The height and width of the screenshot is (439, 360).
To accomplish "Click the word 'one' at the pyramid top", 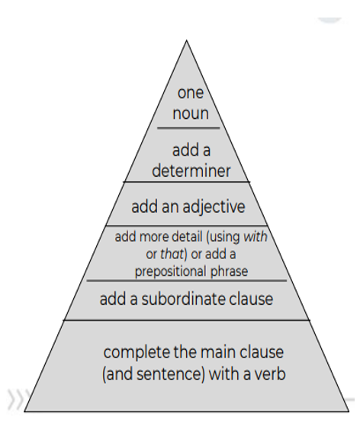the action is (x=191, y=93).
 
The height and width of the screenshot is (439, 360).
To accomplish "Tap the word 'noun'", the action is (x=191, y=114).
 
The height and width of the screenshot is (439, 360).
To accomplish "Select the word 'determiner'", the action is (x=191, y=171).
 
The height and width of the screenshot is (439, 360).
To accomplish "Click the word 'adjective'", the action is (x=214, y=207).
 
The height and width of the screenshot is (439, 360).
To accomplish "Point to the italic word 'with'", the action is (x=256, y=236).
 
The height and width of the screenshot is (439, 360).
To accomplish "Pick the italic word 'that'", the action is (x=172, y=254).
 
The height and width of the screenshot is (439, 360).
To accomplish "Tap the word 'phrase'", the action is (x=229, y=271).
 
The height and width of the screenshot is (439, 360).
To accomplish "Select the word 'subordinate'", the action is (x=183, y=299).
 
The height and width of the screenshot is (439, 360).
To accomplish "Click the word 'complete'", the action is (x=137, y=352).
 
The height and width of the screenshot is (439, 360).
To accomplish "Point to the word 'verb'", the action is (x=270, y=373).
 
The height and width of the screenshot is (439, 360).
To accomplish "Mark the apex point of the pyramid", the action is (x=187, y=40).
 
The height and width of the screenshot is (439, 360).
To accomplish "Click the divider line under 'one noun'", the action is (x=188, y=128).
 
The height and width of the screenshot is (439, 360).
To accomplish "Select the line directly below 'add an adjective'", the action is (x=187, y=226).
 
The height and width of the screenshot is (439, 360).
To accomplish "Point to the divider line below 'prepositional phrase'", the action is (x=187, y=280).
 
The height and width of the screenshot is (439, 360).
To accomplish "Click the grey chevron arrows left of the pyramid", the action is (x=18, y=399).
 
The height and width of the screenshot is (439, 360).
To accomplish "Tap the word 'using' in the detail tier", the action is (x=225, y=238).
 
